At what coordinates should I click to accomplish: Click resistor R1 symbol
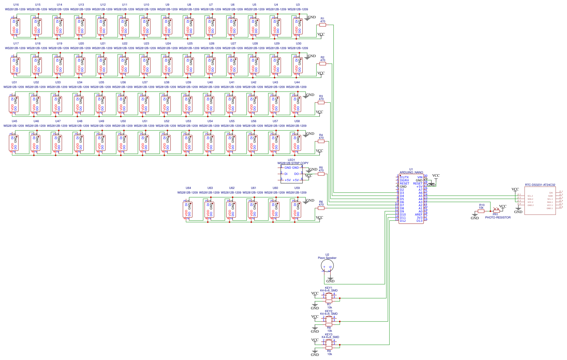[x=323, y=25]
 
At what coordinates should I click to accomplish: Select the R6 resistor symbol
[x=321, y=208]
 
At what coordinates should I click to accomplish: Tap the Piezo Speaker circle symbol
[x=327, y=266]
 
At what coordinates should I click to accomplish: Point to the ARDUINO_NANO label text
[x=411, y=172]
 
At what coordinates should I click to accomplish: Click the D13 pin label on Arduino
[x=419, y=221]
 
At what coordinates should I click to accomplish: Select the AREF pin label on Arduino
[x=418, y=215]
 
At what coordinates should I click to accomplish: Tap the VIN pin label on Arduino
[x=420, y=177]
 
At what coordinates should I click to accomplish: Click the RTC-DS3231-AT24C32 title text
[x=540, y=185]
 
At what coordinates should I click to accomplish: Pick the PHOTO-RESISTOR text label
[x=498, y=217]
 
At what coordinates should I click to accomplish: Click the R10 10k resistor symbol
[x=481, y=211]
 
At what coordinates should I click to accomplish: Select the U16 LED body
[x=15, y=26]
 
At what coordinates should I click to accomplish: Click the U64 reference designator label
[x=188, y=188]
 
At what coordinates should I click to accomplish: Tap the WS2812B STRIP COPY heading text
[x=293, y=163]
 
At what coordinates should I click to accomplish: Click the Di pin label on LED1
[x=286, y=174]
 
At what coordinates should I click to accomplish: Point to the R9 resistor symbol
[x=329, y=348]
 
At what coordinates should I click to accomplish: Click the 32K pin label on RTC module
[x=551, y=193]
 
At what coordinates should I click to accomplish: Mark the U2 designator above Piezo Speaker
[x=327, y=255]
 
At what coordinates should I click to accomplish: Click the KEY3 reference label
[x=329, y=334]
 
